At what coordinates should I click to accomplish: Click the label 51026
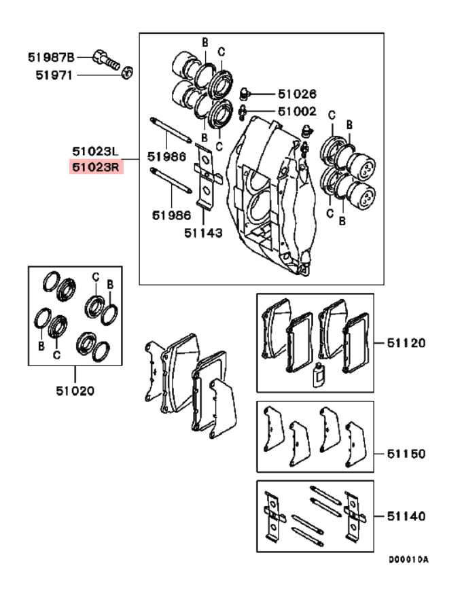296,94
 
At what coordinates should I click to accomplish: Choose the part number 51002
296,111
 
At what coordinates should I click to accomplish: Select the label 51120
406,343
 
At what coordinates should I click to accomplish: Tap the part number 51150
406,453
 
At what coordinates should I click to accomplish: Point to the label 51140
406,516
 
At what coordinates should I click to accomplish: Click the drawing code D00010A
408,560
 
